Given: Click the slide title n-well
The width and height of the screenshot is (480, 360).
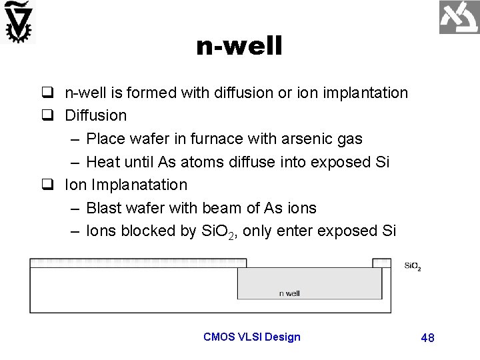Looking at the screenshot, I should click(x=239, y=47).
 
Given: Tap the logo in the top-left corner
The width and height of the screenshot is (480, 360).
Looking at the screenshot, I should click(x=18, y=21).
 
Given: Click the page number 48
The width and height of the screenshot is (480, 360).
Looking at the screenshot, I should click(x=427, y=338).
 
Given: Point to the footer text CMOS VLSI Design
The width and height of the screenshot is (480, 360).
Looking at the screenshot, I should click(x=252, y=337).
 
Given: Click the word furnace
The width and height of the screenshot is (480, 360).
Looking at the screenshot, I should click(x=219, y=139).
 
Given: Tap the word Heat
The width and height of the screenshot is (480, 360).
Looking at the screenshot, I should click(x=103, y=162).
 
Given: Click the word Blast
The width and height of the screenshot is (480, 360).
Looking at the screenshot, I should click(x=105, y=208).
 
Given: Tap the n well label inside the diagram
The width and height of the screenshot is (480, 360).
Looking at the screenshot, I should click(x=289, y=293).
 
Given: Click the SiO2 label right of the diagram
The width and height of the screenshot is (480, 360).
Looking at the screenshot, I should click(x=413, y=267).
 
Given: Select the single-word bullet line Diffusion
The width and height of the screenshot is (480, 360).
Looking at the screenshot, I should click(x=95, y=115).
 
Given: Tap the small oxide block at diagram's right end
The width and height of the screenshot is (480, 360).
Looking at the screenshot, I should click(x=381, y=263).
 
